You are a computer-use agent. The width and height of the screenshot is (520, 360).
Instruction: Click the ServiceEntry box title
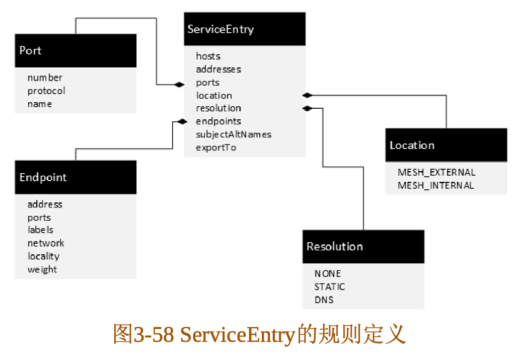[x=220, y=29]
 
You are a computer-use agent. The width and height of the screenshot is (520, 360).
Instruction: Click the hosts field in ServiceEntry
[x=208, y=56]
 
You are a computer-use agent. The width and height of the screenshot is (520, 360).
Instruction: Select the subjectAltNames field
[x=234, y=134]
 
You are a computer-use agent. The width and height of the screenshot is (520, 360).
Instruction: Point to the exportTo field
[x=216, y=148]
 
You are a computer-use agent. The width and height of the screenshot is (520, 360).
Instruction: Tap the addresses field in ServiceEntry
[x=218, y=69]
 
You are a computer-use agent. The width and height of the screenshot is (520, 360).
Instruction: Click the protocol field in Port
[x=46, y=91]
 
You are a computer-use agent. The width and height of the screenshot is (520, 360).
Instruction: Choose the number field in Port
[x=45, y=78]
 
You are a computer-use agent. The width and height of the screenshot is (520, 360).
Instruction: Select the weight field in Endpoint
[x=42, y=269]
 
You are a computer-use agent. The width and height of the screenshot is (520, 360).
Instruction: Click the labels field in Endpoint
[x=40, y=230]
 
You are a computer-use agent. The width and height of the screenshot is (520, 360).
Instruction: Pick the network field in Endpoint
[x=46, y=243]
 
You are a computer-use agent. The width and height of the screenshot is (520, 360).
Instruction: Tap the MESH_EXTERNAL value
[x=436, y=172]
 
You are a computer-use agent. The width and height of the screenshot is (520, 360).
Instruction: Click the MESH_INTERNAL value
[x=435, y=185]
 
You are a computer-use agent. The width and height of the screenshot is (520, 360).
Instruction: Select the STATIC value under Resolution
[x=330, y=286]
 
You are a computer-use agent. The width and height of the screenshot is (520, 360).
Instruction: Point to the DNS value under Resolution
[x=324, y=300]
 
